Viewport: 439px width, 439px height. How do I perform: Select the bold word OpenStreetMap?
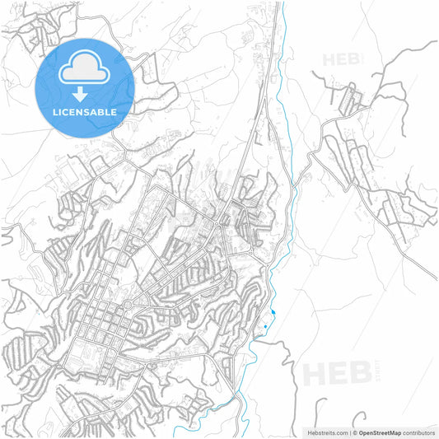[380, 432]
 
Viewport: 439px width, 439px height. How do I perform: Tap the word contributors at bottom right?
[420, 432]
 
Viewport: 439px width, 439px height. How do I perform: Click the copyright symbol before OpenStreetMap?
[353, 432]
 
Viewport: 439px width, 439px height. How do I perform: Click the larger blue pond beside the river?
[273, 312]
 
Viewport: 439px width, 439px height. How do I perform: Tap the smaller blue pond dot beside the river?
[266, 327]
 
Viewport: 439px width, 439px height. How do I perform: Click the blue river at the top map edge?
[282, 4]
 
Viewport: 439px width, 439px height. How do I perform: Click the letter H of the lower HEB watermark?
[315, 372]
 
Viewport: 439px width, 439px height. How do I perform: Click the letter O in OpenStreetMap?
[362, 432]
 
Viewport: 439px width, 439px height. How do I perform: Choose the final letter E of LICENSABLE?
[114, 111]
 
